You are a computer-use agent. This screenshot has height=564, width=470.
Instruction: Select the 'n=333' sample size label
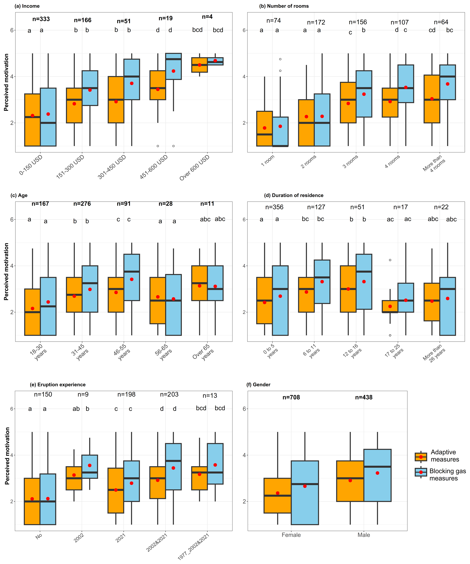coord(41,19)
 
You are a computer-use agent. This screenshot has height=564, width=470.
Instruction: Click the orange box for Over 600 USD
coord(199,65)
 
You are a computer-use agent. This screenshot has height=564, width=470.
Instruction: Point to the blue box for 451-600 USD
coord(173,66)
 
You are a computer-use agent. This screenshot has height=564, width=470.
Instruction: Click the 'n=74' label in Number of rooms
coord(274,21)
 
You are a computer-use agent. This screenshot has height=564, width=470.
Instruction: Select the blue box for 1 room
coord(280,132)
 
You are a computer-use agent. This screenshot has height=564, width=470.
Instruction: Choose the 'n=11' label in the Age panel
coord(207,204)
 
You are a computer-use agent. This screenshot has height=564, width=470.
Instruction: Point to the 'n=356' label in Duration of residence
coord(274,207)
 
